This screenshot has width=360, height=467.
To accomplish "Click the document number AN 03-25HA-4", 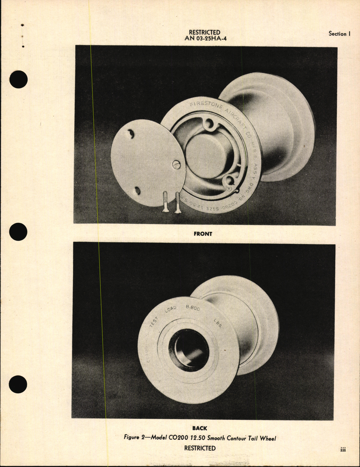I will [x=205, y=38].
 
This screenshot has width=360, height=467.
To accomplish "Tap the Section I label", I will [x=339, y=34].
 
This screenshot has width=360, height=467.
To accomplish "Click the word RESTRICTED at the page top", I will [x=204, y=32].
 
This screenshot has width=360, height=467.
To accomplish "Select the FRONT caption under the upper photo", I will [x=203, y=234].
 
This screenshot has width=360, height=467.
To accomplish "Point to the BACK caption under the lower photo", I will [x=200, y=428].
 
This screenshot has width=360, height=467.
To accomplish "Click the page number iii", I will [x=343, y=450].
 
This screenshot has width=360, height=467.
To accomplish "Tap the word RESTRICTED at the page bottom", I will [x=200, y=448].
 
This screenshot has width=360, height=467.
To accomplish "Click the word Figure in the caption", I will [x=131, y=437].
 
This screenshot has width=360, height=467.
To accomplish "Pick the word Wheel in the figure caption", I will [x=268, y=438].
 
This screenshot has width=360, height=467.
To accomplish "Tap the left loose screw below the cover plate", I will [x=165, y=202].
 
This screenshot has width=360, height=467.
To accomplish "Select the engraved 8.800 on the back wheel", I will [x=193, y=308].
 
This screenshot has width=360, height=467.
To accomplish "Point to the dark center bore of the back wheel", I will [x=190, y=349].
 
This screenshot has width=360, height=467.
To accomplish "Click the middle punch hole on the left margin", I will [x=18, y=232].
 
